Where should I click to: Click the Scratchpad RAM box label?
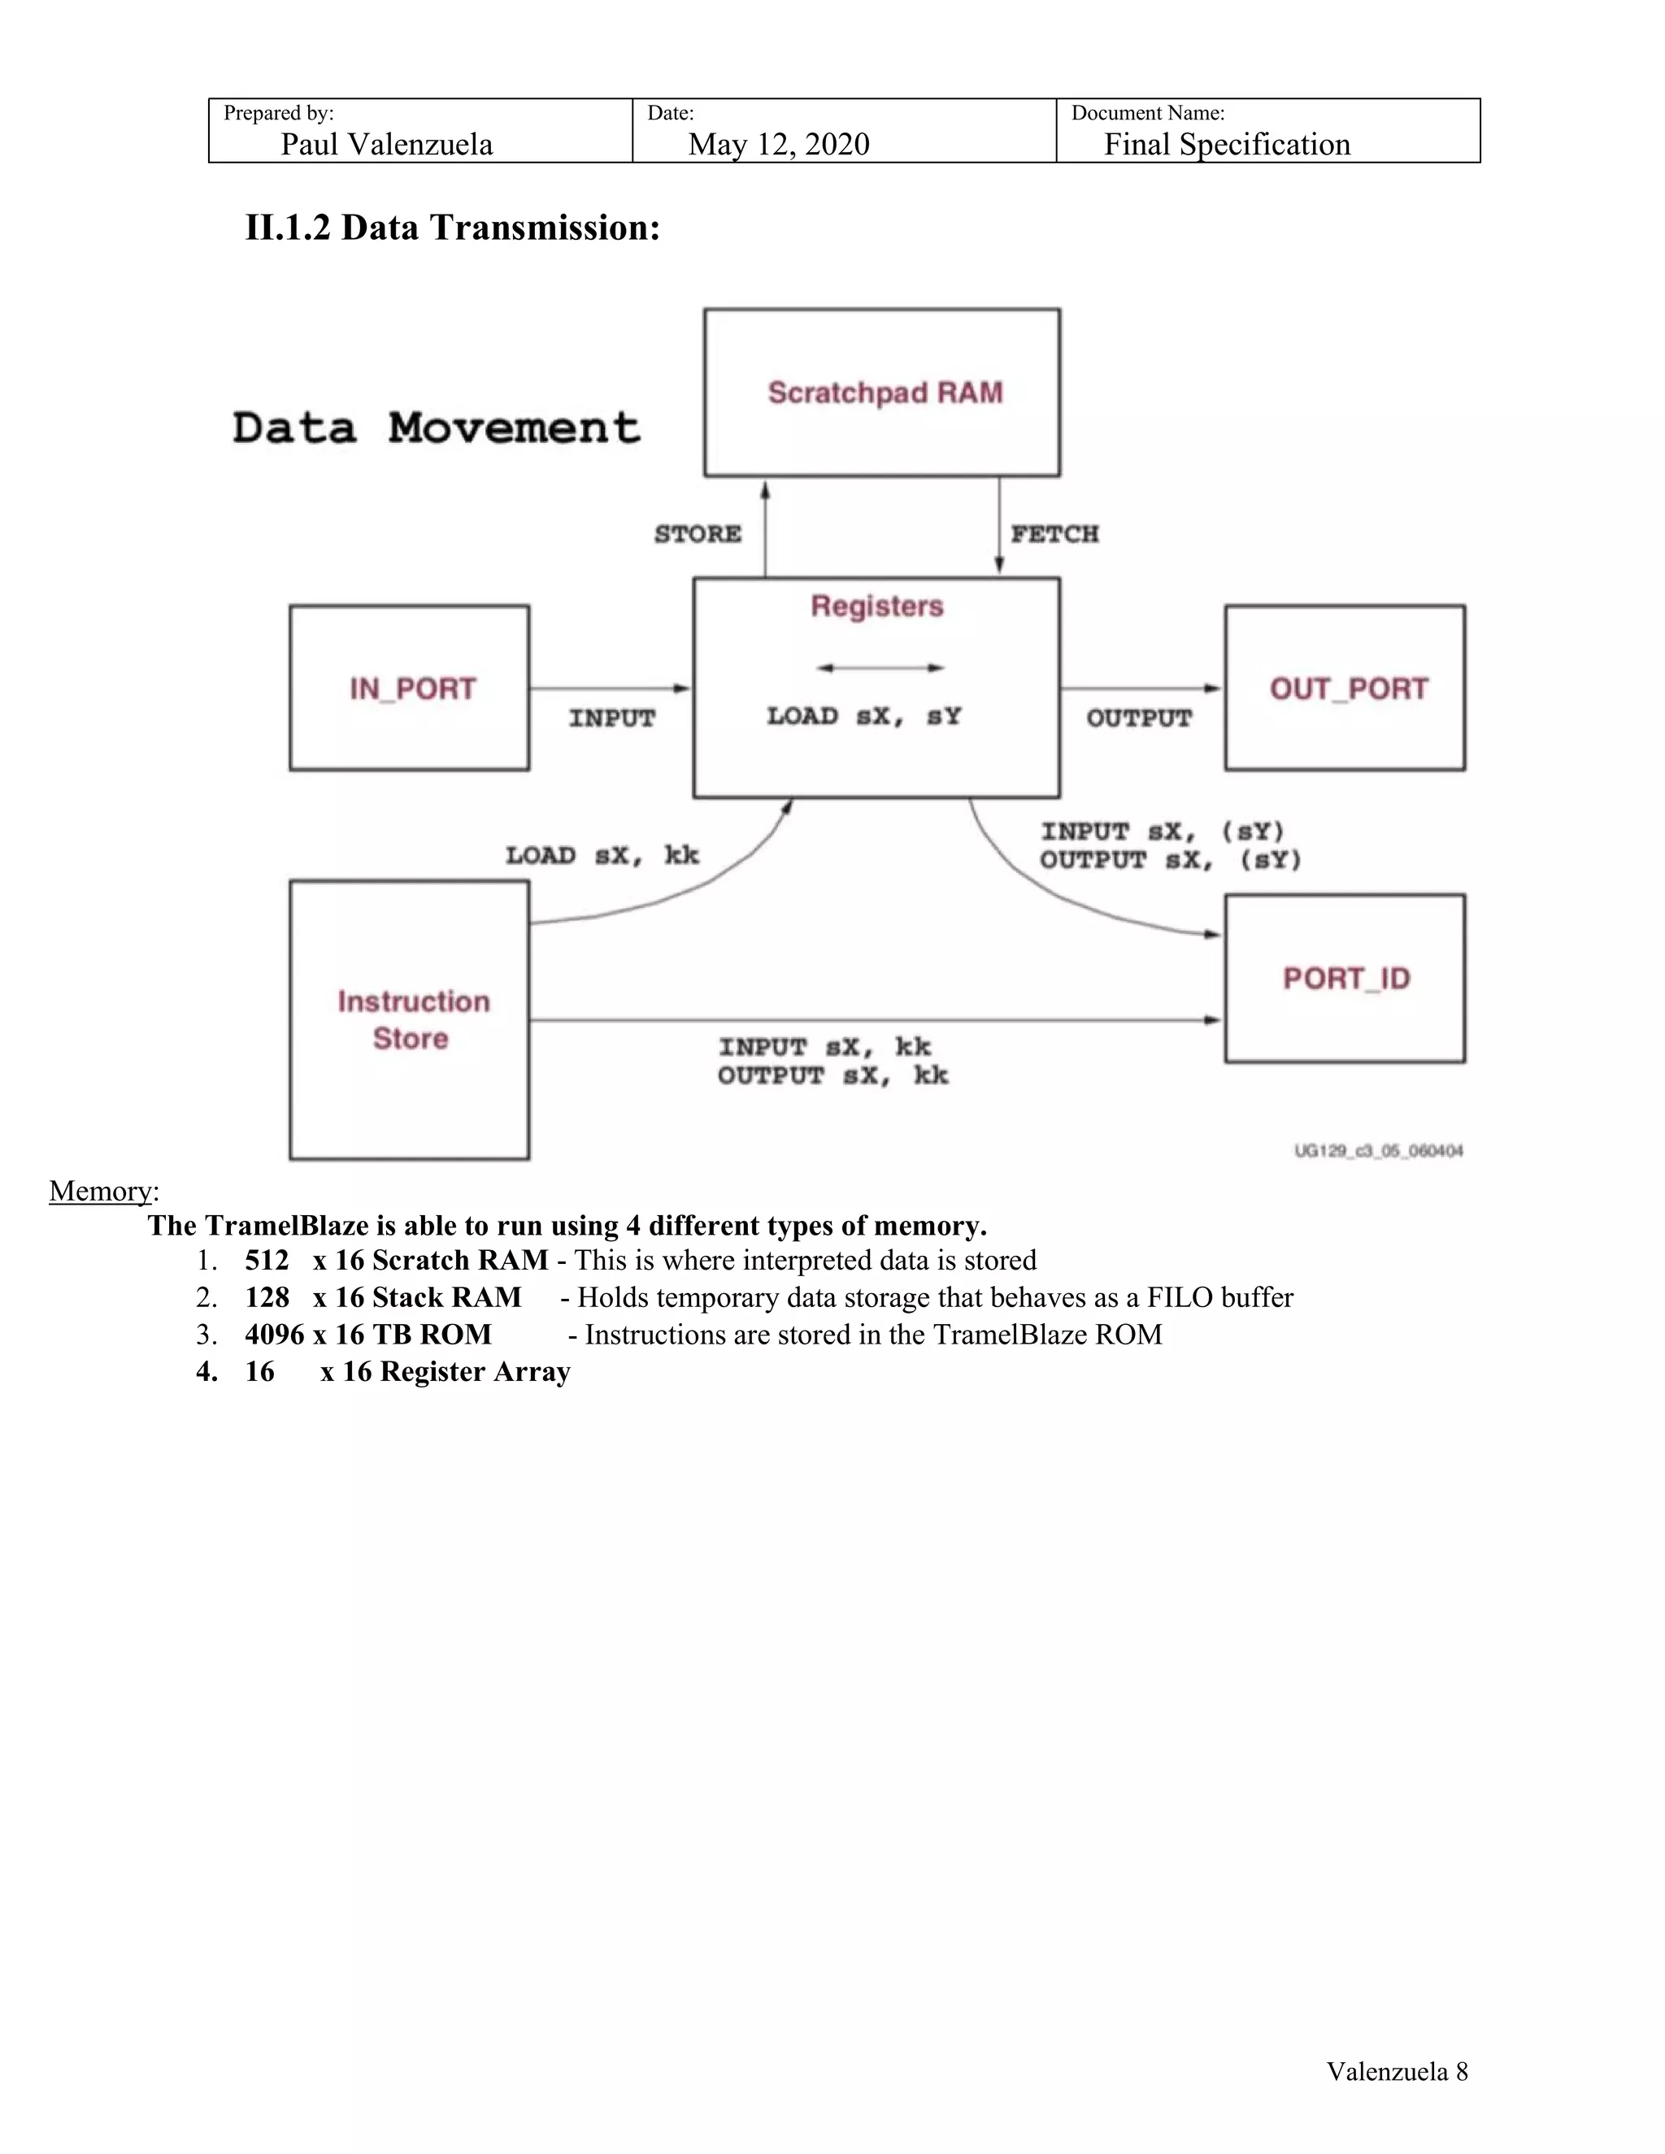coord(885,393)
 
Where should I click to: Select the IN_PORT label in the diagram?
coord(412,688)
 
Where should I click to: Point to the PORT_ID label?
coord(1346,979)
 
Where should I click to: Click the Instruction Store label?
coord(412,1020)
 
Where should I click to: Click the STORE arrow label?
coord(698,533)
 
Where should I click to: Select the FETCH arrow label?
coord(1054,533)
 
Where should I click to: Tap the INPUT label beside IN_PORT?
coord(611,718)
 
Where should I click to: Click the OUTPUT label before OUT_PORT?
coord(1139,718)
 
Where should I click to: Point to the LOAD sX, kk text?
coord(602,855)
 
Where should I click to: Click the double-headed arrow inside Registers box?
coord(880,667)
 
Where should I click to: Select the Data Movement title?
coord(436,428)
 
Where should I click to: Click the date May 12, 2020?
coord(778,144)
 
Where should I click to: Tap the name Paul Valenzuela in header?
coord(387,144)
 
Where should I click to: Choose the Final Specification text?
coord(1226,144)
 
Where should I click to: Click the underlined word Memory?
coord(101,1191)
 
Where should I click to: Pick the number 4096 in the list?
coord(274,1335)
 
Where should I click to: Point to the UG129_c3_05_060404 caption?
coord(1378,1151)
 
